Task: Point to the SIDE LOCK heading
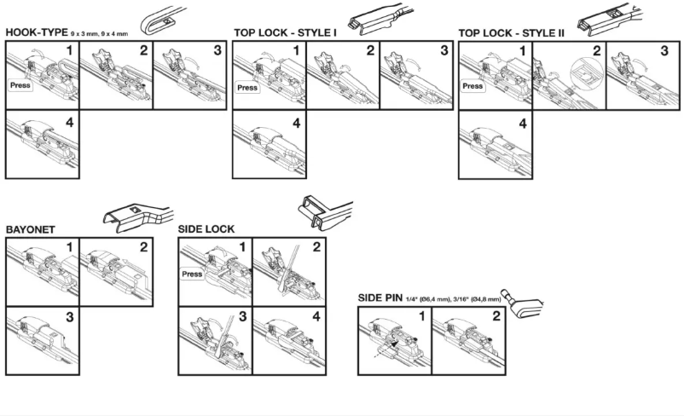tap(206, 230)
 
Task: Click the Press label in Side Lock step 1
tap(193, 274)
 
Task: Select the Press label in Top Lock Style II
tap(474, 86)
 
